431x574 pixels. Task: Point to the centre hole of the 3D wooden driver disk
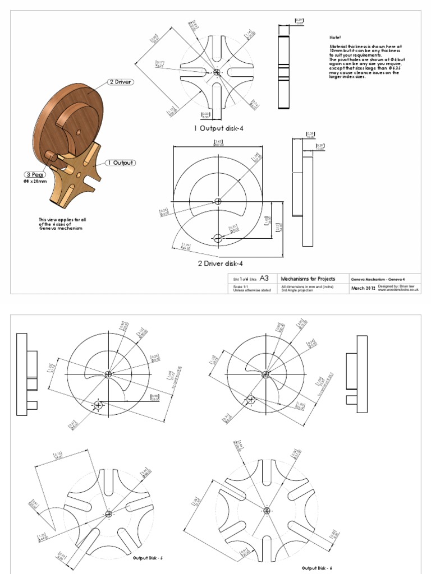(x=78, y=131)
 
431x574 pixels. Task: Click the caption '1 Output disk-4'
(x=219, y=128)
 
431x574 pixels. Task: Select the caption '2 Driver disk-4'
(x=220, y=263)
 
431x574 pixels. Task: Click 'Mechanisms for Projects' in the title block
(x=308, y=279)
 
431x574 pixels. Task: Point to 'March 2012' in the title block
(x=363, y=288)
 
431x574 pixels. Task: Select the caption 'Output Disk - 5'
(x=148, y=558)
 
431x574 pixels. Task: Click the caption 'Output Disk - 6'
(x=317, y=568)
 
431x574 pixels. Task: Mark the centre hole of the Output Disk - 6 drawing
(x=267, y=510)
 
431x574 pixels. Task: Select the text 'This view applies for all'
(x=60, y=219)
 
